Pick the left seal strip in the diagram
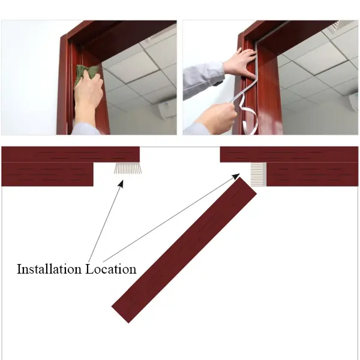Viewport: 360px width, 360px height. coord(127,168)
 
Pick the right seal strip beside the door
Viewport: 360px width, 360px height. coord(258,174)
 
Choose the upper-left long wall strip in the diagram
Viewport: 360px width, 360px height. coord(70,154)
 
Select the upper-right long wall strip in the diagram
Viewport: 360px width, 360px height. coord(289,154)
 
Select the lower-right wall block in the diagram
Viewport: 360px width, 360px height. coord(312,174)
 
